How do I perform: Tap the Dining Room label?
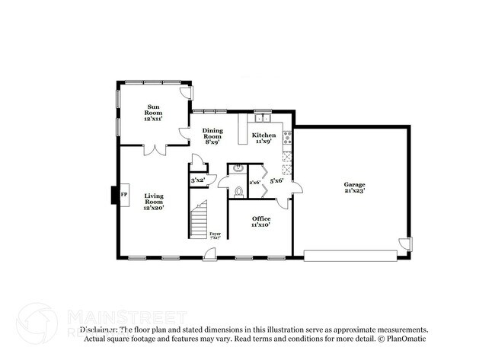pyautogui.click(x=212, y=135)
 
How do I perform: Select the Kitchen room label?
pyautogui.click(x=263, y=138)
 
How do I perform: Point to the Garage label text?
pyautogui.click(x=354, y=187)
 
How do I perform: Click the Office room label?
pyautogui.click(x=261, y=221)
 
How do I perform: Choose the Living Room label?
pyautogui.click(x=154, y=201)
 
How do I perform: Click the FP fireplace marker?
pyautogui.click(x=123, y=195)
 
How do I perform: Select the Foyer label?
pyautogui.click(x=216, y=234)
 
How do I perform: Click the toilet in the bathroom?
pyautogui.click(x=238, y=190)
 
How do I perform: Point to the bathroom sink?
pyautogui.click(x=238, y=168)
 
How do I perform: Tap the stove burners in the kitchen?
pyautogui.click(x=287, y=138)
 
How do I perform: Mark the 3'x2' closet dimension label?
pyautogui.click(x=197, y=180)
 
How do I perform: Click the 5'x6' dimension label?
pyautogui.click(x=276, y=181)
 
